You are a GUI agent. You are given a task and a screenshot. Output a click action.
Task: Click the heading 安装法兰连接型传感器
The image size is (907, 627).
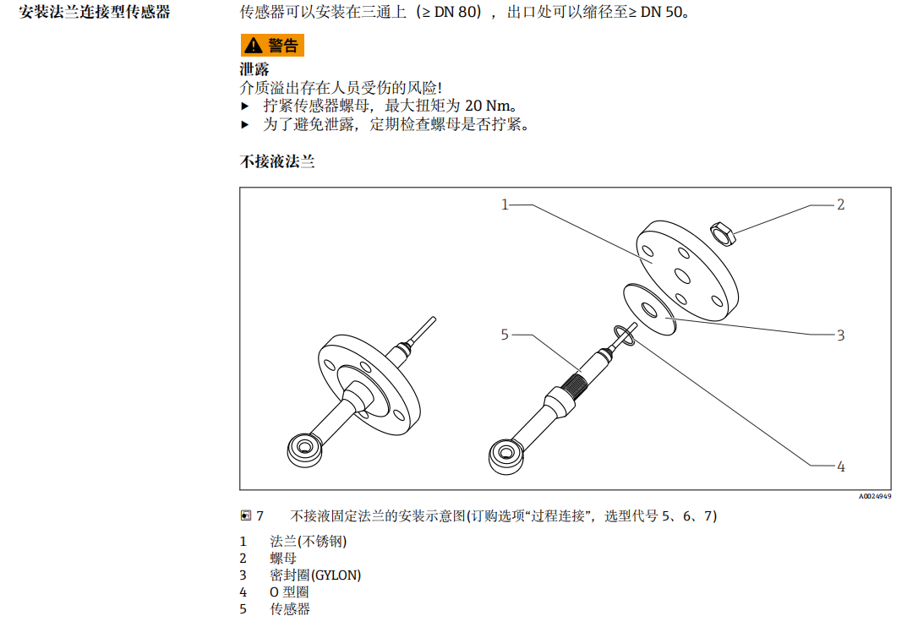(95, 13)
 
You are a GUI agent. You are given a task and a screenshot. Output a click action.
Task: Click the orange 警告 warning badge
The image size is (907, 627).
(272, 46)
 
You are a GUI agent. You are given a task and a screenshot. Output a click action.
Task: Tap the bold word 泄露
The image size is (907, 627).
(254, 69)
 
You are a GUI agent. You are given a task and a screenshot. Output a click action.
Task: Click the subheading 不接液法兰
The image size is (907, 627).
(277, 161)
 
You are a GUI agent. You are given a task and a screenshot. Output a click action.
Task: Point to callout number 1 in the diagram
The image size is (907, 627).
(505, 204)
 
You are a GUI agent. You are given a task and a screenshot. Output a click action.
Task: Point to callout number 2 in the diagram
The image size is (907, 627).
(840, 204)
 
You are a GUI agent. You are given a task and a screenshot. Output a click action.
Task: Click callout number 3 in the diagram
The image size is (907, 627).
(840, 335)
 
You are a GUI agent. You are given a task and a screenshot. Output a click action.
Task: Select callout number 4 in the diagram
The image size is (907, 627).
(840, 466)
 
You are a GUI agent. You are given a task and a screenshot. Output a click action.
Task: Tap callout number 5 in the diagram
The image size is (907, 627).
(505, 335)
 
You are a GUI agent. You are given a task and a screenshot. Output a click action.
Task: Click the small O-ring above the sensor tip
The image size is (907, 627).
(625, 335)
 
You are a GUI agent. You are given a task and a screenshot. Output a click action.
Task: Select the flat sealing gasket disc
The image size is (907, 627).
(649, 308)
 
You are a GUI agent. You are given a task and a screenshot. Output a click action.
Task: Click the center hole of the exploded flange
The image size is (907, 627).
(680, 272)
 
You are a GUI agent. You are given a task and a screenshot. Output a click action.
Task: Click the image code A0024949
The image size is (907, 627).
(875, 497)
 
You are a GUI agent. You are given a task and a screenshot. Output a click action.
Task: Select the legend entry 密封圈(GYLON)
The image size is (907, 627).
(315, 575)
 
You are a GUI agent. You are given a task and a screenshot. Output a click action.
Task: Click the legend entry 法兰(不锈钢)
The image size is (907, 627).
(308, 542)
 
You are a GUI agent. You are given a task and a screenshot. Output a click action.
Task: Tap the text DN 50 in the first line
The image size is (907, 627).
(659, 14)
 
